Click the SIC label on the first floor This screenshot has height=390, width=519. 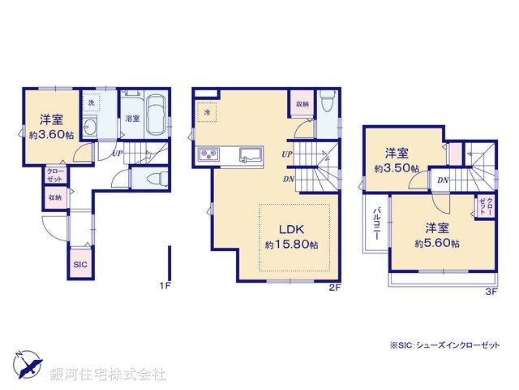[x=79, y=265]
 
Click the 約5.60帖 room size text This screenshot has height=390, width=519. [x=440, y=243]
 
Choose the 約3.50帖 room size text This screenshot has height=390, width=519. [x=397, y=169]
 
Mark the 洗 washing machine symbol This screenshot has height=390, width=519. [x=92, y=102]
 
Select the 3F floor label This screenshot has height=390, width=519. [x=491, y=290]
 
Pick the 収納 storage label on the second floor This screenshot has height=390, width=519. [x=302, y=104]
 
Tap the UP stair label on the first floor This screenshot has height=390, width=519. [x=118, y=153]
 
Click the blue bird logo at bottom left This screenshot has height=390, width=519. [x=27, y=364]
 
